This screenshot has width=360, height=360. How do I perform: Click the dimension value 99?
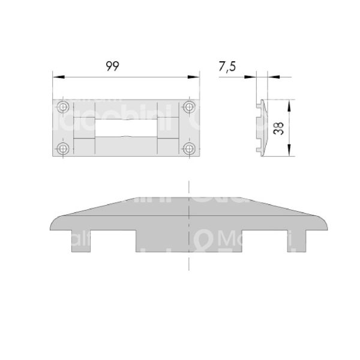coord(112,67)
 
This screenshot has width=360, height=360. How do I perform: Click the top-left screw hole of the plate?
coord(64,107)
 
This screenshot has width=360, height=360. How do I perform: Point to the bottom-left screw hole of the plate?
coord(64,148)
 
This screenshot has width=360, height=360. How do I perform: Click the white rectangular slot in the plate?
coord(127,127)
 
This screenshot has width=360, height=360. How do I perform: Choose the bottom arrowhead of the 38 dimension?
coord(290,153)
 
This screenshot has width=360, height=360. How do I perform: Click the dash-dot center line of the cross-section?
coord(188,258)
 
